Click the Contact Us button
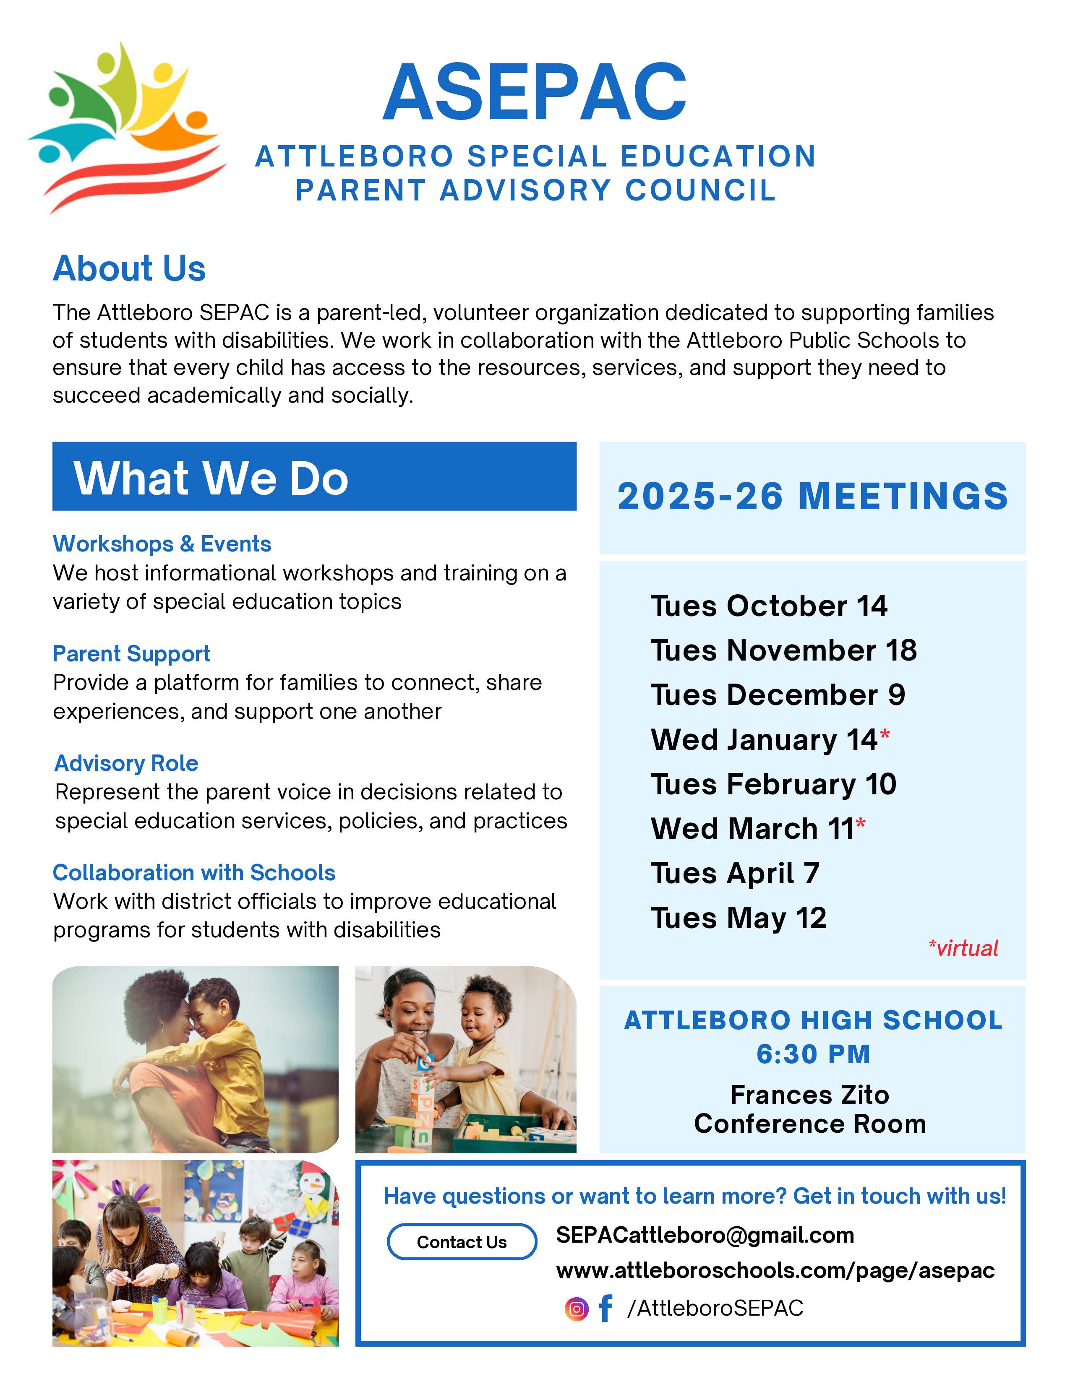pyautogui.click(x=462, y=1242)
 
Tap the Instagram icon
pyautogui.click(x=576, y=1309)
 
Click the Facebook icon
pyautogui.click(x=605, y=1308)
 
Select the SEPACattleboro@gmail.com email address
pyautogui.click(x=705, y=1235)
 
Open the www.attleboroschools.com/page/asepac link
pyautogui.click(x=775, y=1271)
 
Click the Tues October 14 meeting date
pyautogui.click(x=768, y=606)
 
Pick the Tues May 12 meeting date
pyautogui.click(x=739, y=918)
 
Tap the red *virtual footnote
pyautogui.click(x=963, y=949)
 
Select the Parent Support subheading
pyautogui.click(x=131, y=653)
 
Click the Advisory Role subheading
pyautogui.click(x=126, y=763)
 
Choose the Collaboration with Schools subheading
pyautogui.click(x=194, y=873)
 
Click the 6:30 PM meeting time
pyautogui.click(x=813, y=1054)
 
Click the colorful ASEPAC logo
pyautogui.click(x=127, y=127)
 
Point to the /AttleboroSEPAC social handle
pyautogui.click(x=715, y=1308)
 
